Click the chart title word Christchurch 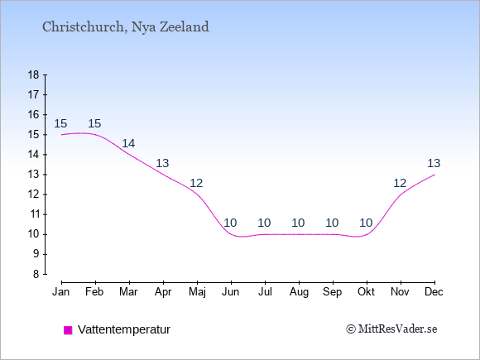click(84, 26)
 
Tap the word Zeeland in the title click(185, 26)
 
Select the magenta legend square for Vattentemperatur click(68, 330)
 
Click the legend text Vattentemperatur click(124, 329)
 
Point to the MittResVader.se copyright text click(391, 329)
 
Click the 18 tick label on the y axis click(33, 74)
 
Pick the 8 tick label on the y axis click(36, 274)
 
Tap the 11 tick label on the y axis click(33, 214)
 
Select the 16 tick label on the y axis click(33, 114)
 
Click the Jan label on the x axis click(61, 292)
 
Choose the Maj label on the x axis click(197, 292)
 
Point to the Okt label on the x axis click(366, 292)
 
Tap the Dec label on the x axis click(434, 292)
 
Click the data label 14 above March click(128, 143)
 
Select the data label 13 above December click(434, 163)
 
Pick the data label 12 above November click(400, 183)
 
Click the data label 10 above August click(298, 223)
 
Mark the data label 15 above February click(94, 123)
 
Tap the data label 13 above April click(162, 163)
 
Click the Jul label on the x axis click(265, 292)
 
